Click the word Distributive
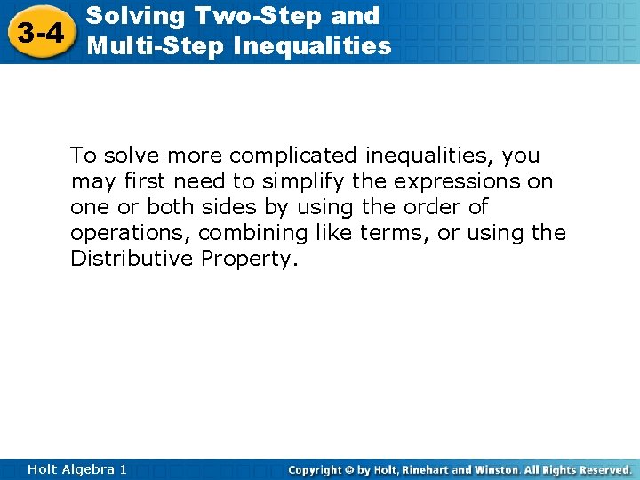click(x=132, y=259)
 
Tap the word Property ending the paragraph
click(x=248, y=260)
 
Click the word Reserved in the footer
click(x=604, y=469)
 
